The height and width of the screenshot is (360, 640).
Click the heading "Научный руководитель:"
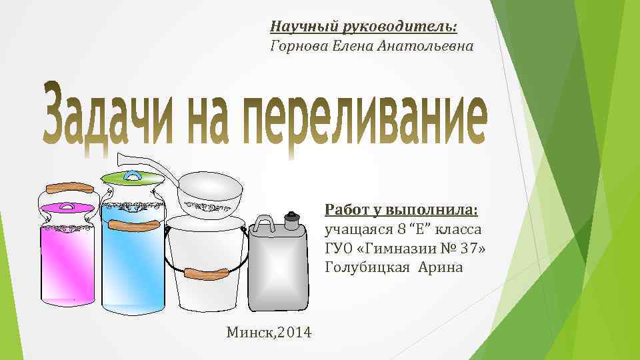[x=363, y=27]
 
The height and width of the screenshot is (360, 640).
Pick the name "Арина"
[x=443, y=267]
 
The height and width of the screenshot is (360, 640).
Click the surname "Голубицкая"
[x=367, y=267]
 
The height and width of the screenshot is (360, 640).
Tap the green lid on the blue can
[x=132, y=177]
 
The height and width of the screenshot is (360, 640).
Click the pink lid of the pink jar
[x=67, y=207]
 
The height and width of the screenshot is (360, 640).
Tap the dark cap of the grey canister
[x=291, y=219]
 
